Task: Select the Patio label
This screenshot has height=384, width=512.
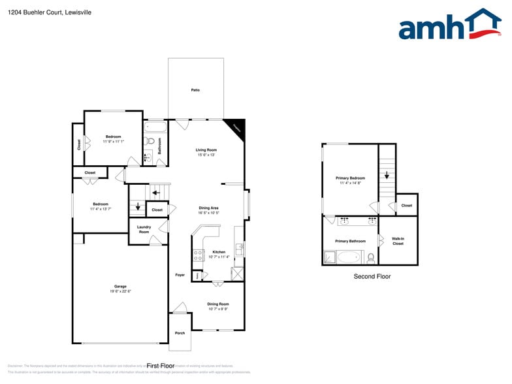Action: pos(195,89)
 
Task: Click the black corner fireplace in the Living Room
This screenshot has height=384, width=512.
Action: pos(236,127)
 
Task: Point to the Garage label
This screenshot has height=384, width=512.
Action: pos(120,286)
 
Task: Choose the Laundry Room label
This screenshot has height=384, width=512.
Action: pos(144,229)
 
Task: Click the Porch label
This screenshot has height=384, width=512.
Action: pos(180,333)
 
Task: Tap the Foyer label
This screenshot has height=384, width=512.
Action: pos(180,275)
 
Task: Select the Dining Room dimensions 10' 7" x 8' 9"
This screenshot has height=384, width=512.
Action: pos(218,309)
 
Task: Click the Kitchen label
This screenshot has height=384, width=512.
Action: pos(219,252)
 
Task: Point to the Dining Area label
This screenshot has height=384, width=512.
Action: pos(209,208)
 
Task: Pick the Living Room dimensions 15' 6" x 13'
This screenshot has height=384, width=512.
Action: pos(206,155)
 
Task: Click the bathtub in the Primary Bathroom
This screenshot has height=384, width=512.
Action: pos(347,257)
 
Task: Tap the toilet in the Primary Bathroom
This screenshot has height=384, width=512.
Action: pos(371,257)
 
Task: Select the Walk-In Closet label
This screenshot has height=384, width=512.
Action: pos(398,241)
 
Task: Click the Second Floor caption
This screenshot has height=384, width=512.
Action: pos(372,277)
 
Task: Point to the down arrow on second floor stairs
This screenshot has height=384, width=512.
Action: pos(387,175)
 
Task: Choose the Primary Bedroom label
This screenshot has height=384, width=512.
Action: pos(350,178)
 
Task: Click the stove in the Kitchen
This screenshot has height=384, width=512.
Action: pos(197,255)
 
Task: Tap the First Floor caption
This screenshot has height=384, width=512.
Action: pos(161,366)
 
